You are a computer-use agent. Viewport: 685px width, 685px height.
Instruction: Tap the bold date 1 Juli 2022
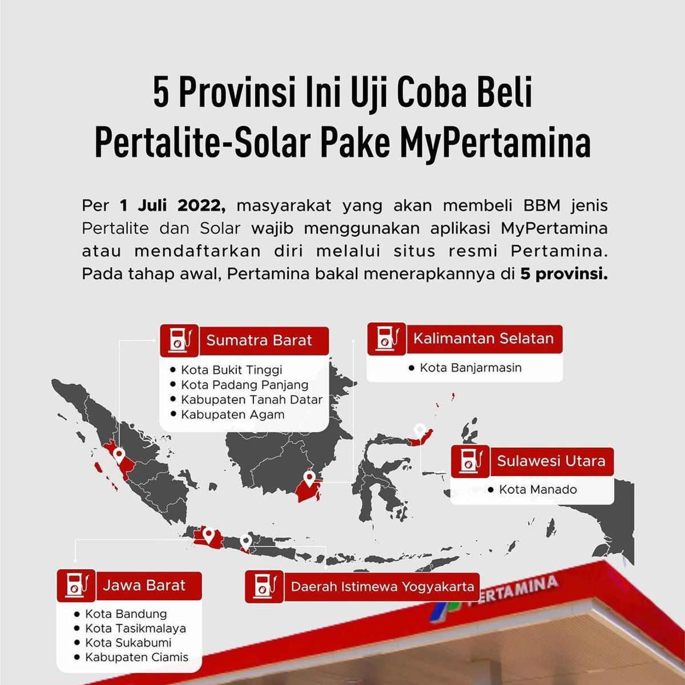(x=172, y=206)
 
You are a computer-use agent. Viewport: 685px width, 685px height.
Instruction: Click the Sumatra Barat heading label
(x=259, y=340)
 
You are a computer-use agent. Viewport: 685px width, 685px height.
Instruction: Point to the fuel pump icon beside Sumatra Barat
(x=179, y=340)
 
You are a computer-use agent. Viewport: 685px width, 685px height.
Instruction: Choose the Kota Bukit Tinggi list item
(x=231, y=370)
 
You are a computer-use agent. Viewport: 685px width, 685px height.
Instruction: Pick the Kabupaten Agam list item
(x=232, y=414)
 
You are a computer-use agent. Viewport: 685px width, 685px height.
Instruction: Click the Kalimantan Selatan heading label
(x=483, y=339)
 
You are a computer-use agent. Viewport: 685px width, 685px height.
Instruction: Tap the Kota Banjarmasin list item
(x=470, y=368)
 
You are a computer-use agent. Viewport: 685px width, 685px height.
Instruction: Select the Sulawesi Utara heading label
(x=551, y=461)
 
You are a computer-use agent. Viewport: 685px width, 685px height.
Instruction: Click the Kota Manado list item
(x=538, y=489)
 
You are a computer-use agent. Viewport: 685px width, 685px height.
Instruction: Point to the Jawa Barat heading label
(x=144, y=586)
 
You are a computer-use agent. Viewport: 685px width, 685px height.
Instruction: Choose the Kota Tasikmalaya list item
(x=135, y=628)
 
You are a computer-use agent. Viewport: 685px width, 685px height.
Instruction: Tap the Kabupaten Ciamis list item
(x=137, y=657)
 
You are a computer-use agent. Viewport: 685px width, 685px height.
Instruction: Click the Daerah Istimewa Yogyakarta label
(x=382, y=587)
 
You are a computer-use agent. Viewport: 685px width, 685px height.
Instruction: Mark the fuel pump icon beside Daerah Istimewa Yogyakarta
(x=264, y=587)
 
